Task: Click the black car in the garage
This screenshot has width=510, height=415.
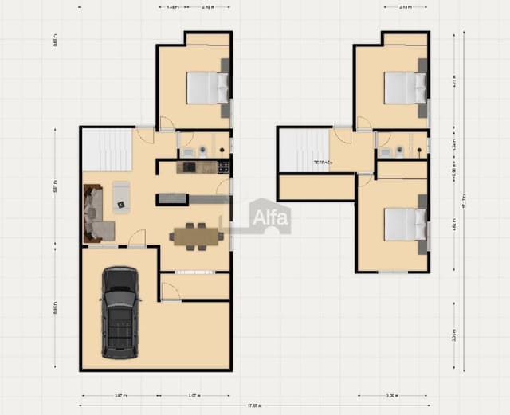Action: coord(120,312)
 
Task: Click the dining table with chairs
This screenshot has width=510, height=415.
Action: coord(195,236)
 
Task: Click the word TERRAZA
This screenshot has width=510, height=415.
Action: coord(323,162)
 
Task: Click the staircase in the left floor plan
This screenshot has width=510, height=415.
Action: coord(106,149)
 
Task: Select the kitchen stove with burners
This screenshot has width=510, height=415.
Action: coord(223,167)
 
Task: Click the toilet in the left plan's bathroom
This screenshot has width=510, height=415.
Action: coord(204,150)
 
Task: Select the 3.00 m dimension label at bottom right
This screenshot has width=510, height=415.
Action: coord(392,395)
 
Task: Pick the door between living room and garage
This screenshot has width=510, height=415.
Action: coord(137,239)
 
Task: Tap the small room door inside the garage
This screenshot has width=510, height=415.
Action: coord(170,292)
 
